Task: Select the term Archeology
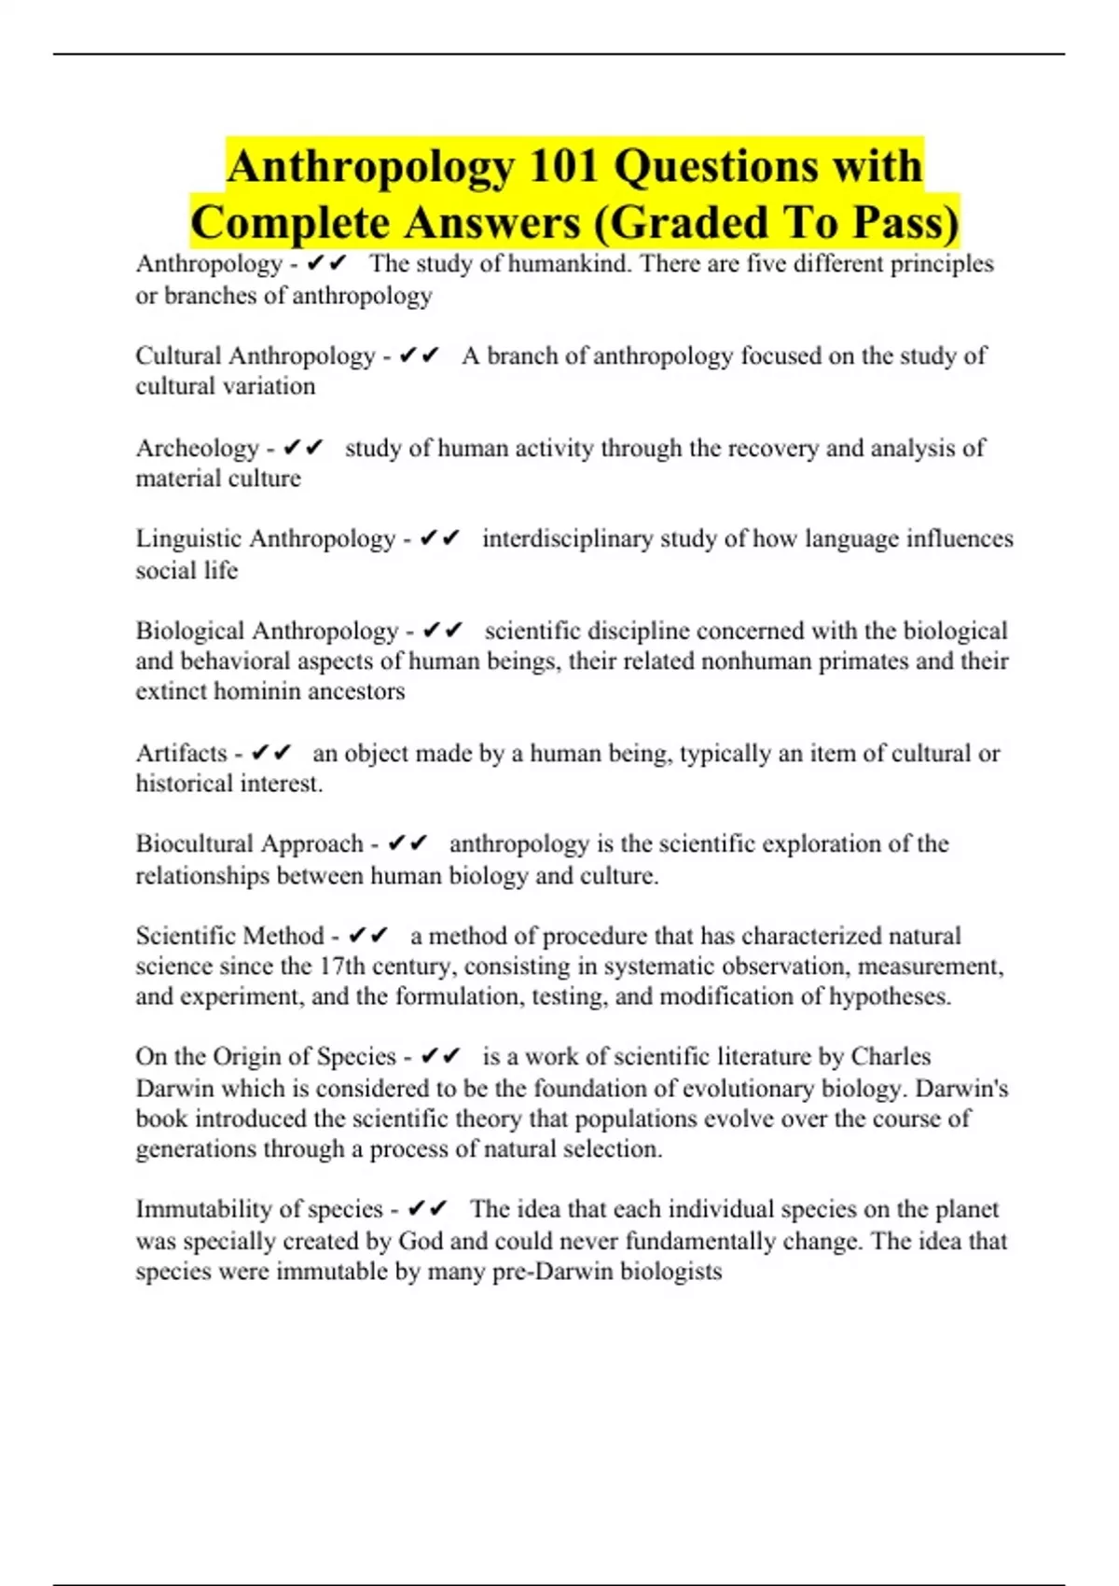197,449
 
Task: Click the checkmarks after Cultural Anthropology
419,355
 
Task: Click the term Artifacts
181,753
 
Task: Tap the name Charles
891,1056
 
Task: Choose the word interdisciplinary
567,539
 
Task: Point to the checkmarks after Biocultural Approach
408,843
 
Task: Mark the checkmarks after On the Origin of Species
441,1056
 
